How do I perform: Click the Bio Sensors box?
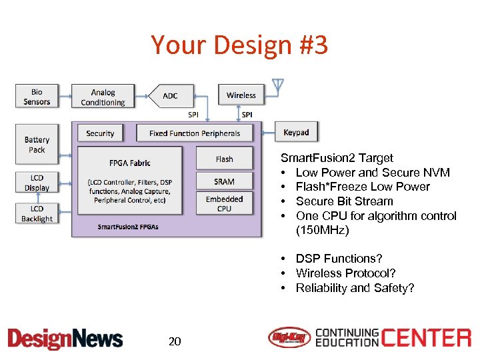click(x=37, y=97)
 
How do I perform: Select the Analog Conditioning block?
click(x=103, y=97)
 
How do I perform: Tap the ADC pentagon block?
click(x=171, y=96)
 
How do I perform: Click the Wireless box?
click(x=241, y=95)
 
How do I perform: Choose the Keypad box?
click(x=296, y=132)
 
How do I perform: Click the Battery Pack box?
click(x=37, y=145)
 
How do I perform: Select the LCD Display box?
click(x=37, y=183)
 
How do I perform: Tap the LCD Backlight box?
click(x=37, y=213)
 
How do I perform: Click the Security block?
click(x=100, y=133)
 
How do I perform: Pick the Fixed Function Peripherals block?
click(x=195, y=133)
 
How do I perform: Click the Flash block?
click(x=224, y=159)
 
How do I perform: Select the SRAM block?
click(x=224, y=181)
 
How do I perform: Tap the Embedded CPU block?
click(x=224, y=203)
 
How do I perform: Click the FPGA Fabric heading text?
click(x=129, y=162)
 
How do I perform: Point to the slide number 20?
click(x=175, y=342)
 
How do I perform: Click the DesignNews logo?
click(x=65, y=339)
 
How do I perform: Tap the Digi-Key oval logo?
click(x=289, y=338)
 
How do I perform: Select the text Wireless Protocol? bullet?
click(x=345, y=273)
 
